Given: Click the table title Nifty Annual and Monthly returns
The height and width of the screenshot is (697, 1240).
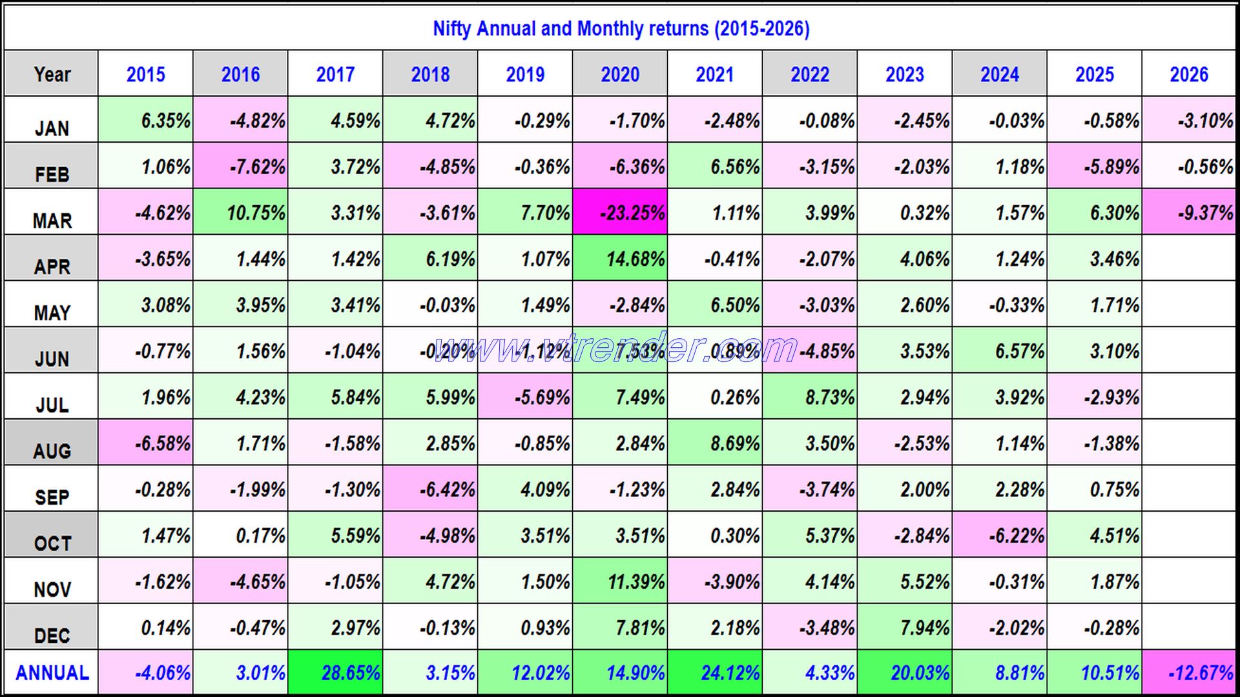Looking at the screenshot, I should pos(621,28).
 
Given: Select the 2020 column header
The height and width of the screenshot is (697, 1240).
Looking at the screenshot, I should pos(620,74).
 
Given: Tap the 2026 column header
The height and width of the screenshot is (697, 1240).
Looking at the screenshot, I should pos(1188,74).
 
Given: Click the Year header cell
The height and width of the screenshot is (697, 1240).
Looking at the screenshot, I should pos(52,74).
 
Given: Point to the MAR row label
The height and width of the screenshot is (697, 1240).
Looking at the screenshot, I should pos(52,220).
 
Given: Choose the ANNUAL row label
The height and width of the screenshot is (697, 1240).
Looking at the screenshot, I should pos(52,673).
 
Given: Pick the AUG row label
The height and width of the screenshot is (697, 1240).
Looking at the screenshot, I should pos(52,450).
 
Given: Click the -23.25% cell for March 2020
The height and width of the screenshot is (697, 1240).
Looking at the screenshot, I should pos(620,212).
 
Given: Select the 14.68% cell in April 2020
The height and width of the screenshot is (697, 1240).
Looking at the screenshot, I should pos(620,259).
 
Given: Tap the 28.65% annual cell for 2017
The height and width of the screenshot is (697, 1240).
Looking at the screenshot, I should pos(336,673).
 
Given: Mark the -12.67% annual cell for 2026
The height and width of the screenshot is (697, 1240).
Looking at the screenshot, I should pos(1188,673).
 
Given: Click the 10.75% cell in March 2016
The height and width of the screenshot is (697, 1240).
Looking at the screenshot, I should pos(241,212).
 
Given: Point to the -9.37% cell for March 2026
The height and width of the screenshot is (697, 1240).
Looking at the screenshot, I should pos(1188,212).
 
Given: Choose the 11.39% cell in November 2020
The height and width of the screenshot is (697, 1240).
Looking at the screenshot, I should pos(620,581).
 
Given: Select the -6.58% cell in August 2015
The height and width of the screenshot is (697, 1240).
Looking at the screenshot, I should pos(146,443).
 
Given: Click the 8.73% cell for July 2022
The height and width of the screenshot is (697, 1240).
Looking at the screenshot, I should pos(810,397).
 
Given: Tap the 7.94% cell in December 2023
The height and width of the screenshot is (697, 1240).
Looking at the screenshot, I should pos(905,627).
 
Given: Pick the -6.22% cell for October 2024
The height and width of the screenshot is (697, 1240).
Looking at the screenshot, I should pos(1000,536).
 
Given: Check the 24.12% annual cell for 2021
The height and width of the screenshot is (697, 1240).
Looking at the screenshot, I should pos(715,673).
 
